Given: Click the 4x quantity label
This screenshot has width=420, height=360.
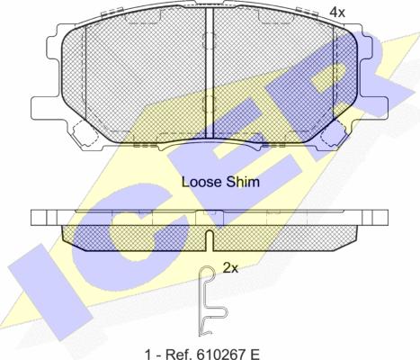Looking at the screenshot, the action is point(337,13).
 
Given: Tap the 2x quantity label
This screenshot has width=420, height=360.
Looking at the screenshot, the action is point(230,268).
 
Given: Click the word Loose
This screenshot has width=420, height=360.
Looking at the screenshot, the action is point(201,182).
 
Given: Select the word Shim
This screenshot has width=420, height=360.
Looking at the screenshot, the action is point(243,182).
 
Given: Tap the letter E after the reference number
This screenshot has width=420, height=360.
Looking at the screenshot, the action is point(255,355).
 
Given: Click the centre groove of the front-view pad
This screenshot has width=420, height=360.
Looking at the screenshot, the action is point(209,72).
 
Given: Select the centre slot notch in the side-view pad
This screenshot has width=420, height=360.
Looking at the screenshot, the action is point(210,240).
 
